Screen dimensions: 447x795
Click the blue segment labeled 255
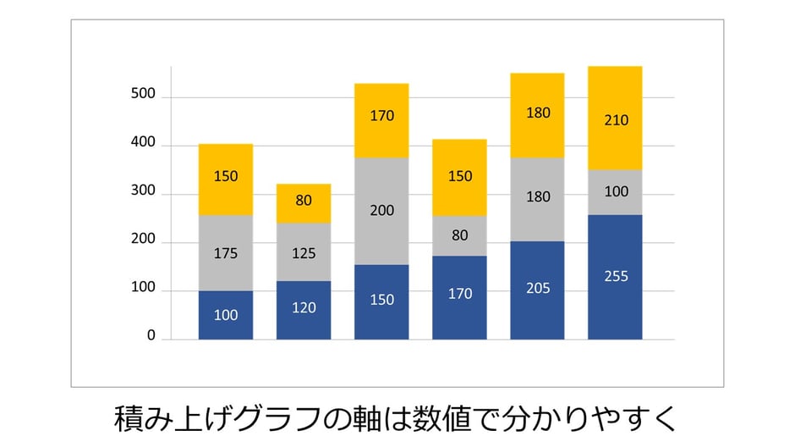point(615,277)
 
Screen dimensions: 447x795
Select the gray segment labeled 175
point(225,253)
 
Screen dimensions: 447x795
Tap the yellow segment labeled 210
point(615,119)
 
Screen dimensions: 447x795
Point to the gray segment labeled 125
point(304,252)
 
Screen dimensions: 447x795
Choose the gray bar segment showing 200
point(381,211)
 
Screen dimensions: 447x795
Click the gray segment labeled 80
point(459,236)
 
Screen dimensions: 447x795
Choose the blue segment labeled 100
point(225,315)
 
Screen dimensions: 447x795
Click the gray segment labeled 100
point(615,192)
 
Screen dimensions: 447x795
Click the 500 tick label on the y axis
point(144,94)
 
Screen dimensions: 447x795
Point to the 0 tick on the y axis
point(151,336)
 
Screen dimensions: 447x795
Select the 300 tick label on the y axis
point(144,191)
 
